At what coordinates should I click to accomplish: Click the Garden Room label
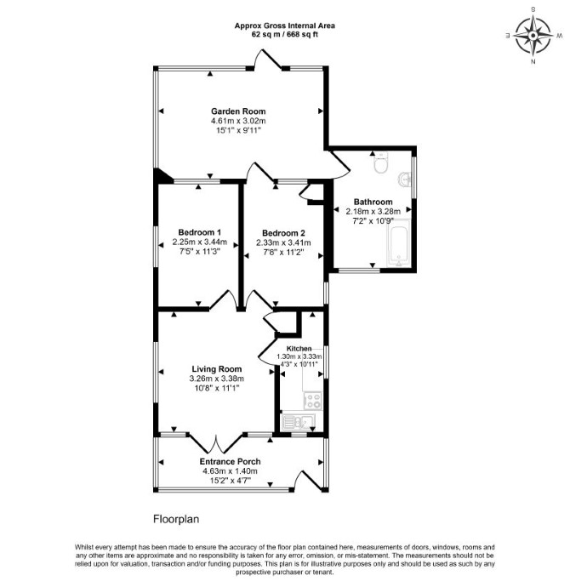[x=238, y=111]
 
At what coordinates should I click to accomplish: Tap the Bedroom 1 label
[x=199, y=232]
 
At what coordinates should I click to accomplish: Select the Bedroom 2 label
[x=283, y=233]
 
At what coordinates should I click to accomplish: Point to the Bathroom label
[x=373, y=202]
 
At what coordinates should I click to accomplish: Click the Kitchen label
[x=299, y=349]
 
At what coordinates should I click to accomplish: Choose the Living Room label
[x=217, y=369]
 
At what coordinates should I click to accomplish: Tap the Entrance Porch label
[x=230, y=462]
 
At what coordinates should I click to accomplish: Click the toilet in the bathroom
[x=381, y=162]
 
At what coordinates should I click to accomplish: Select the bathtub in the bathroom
[x=398, y=242]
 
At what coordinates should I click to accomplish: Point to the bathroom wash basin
[x=405, y=179]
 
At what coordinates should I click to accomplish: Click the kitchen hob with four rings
[x=312, y=401]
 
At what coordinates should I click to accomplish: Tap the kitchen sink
[x=299, y=422]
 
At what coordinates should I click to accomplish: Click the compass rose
[x=533, y=36]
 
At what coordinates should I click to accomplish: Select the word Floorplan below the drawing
[x=176, y=519]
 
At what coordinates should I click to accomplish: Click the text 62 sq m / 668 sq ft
[x=285, y=35]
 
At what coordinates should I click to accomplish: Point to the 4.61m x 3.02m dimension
[x=238, y=121]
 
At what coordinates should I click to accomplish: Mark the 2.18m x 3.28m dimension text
[x=373, y=212]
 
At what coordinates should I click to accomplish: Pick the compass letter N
[x=533, y=62]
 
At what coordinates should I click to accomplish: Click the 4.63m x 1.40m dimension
[x=230, y=471]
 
